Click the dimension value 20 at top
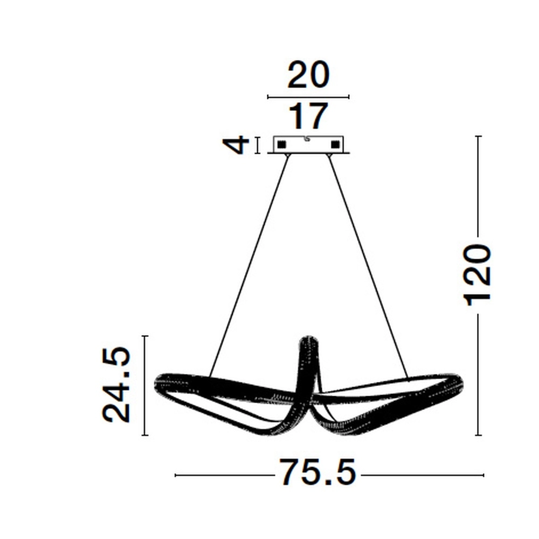[308, 75]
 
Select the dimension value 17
[308, 115]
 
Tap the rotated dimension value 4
[238, 145]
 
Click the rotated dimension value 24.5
[117, 385]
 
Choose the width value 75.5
[317, 474]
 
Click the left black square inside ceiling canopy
[281, 144]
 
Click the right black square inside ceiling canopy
[335, 144]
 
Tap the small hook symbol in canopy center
[307, 139]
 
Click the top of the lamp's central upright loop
[308, 338]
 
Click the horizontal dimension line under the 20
[308, 97]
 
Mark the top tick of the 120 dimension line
[478, 136]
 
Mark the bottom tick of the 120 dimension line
[478, 434]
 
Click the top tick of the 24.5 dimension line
[144, 336]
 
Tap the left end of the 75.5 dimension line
[177, 475]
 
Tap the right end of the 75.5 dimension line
[483, 475]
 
